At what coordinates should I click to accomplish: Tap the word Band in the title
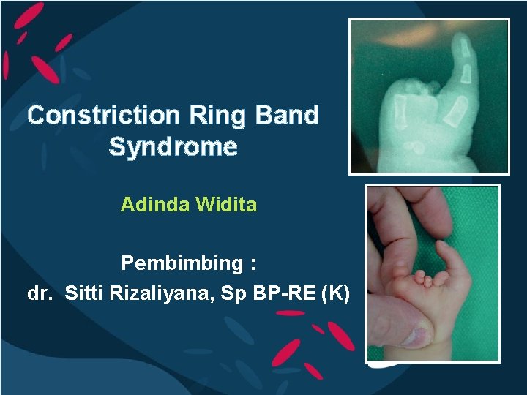288,116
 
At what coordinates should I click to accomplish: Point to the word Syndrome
173,147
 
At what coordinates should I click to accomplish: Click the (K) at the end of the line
336,294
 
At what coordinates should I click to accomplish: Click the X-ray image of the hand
429,96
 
